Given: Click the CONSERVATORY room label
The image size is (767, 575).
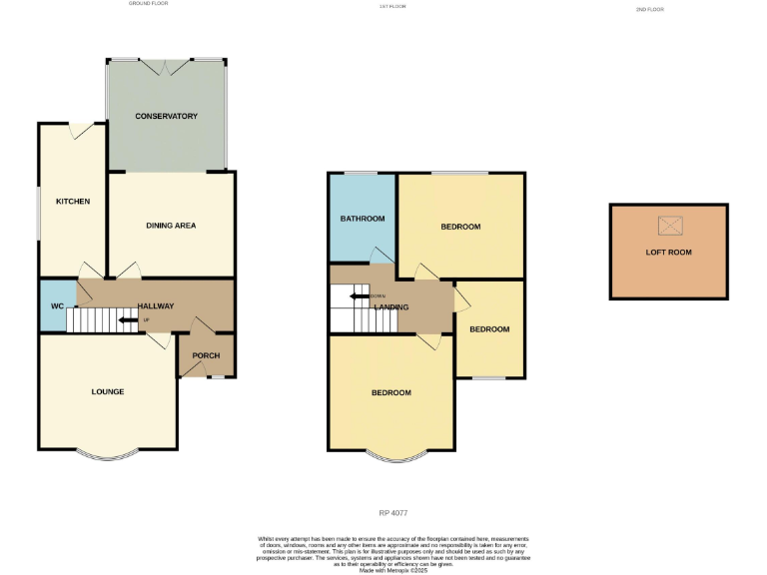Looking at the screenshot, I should tap(167, 117).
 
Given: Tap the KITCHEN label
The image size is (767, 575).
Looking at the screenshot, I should tap(73, 202).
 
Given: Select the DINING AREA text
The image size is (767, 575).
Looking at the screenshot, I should tap(171, 226).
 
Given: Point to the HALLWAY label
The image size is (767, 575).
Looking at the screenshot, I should tap(155, 306).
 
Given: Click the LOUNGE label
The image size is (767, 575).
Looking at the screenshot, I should tap(108, 391).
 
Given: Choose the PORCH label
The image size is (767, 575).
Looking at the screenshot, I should tap(206, 356).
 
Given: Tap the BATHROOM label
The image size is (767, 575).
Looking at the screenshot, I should tap(363, 218).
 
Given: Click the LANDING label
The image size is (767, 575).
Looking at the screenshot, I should tap(390, 306).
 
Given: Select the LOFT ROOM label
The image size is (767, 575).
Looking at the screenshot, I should tap(668, 253).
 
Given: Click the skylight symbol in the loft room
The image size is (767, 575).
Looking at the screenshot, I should tap(668, 225).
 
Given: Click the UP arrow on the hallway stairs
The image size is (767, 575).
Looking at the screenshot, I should tap(129, 320).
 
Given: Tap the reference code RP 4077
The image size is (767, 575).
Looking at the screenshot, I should tap(391, 513).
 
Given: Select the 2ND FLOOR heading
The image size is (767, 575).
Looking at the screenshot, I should tap(649, 9).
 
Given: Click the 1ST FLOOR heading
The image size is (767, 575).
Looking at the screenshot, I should tap(392, 6).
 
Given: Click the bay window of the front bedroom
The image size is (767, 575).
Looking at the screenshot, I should tap(391, 458).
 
